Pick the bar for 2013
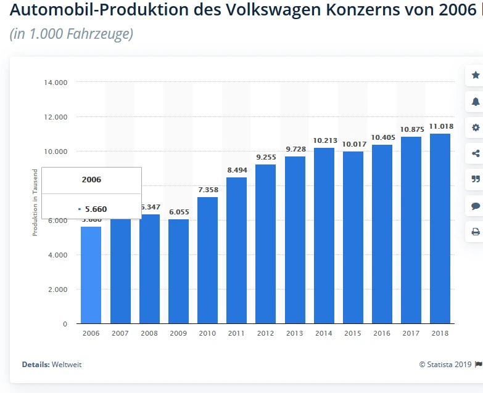pyautogui.click(x=295, y=240)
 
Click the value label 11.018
pyautogui.click(x=441, y=126)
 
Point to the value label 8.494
pyautogui.click(x=236, y=170)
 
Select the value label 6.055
pyautogui.click(x=179, y=212)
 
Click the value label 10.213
pyautogui.click(x=324, y=140)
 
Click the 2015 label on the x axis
pyautogui.click(x=353, y=333)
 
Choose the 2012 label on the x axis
pyautogui.click(x=266, y=333)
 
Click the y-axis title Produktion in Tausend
pyautogui.click(x=35, y=202)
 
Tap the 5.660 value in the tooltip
pyautogui.click(x=95, y=209)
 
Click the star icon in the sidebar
pyautogui.click(x=476, y=75)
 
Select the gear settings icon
pyautogui.click(x=476, y=128)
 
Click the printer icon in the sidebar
pyautogui.click(x=476, y=232)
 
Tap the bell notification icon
pyautogui.click(x=476, y=102)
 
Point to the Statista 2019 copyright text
pyautogui.click(x=446, y=364)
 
